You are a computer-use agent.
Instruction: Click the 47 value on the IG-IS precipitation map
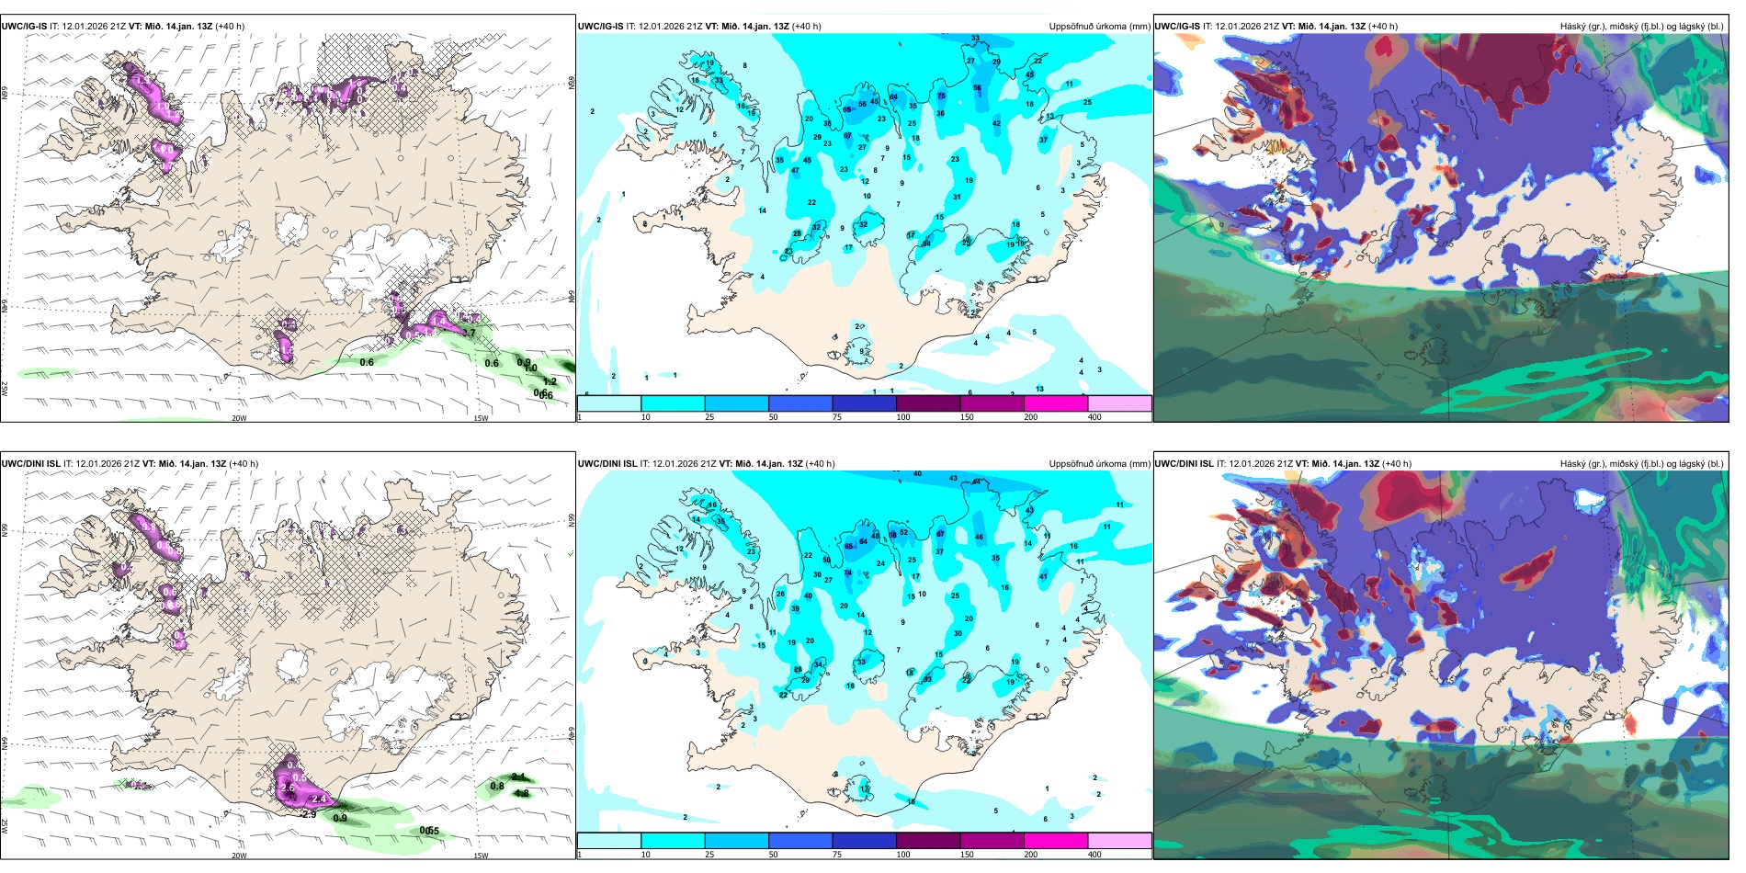pos(795,171)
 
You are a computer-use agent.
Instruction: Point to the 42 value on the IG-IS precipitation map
pos(996,123)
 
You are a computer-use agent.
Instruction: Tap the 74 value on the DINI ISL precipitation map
pos(848,573)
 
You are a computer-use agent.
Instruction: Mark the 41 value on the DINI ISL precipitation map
pos(1043,576)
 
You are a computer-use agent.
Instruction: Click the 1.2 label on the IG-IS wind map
pos(550,381)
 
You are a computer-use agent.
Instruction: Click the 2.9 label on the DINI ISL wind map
pos(309,814)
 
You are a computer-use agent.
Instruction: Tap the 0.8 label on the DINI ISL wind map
pos(497,786)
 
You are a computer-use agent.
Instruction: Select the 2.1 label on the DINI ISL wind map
pos(518,777)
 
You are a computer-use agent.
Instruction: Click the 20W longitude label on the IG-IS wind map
pos(239,418)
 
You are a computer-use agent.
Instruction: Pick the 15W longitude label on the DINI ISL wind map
pos(480,856)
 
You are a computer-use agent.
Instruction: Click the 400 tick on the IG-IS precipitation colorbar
pos(1094,417)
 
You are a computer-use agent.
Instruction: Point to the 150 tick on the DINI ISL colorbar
pos(967,855)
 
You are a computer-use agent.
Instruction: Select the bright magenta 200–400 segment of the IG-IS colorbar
pos(1056,403)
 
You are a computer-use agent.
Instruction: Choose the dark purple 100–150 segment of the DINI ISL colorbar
pos(928,841)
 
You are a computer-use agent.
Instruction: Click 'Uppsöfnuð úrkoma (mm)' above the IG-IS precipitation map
pos(1099,27)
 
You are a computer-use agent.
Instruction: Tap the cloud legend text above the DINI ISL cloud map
pos(1641,464)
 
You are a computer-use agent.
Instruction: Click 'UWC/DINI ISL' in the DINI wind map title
pos(30,464)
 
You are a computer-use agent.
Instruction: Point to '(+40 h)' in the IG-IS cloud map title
pos(1383,27)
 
